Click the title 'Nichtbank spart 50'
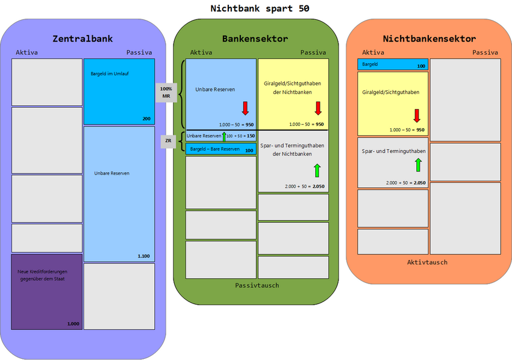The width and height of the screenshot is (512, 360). coord(260,8)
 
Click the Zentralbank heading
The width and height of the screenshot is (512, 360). coord(83,39)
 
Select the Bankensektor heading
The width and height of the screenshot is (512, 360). coord(255,39)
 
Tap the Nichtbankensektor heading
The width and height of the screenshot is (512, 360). coord(429,39)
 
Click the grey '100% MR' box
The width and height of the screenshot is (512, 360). coord(166,92)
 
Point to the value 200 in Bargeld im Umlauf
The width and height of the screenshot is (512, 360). coord(146,119)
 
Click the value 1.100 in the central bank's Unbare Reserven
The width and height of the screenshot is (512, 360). coord(143,256)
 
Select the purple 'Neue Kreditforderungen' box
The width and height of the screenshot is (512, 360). coord(46,291)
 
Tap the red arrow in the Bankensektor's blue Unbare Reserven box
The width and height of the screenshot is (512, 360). coord(245,108)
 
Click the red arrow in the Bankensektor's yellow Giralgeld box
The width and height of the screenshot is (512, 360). coord(318,108)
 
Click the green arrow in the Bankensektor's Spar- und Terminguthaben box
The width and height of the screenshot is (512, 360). coord(317,170)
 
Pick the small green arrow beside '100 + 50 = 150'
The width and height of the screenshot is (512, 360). coord(224,136)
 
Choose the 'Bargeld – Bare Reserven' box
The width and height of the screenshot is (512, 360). coord(221,149)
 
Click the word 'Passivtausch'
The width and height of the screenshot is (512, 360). coord(257,285)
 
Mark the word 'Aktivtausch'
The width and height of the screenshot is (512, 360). coord(427,262)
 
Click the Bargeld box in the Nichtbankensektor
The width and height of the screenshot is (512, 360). coord(393,64)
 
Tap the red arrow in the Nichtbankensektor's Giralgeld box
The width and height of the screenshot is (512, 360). coord(416,116)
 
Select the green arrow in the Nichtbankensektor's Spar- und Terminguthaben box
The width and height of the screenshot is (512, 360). coord(418,164)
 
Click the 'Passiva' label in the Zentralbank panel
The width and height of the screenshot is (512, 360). coord(139,52)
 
